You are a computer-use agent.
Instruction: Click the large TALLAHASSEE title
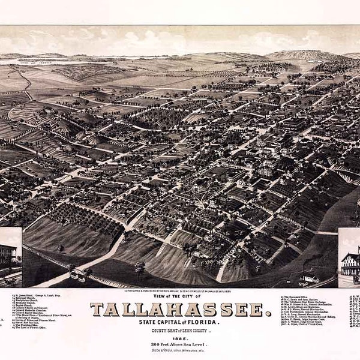[x=178, y=310]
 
